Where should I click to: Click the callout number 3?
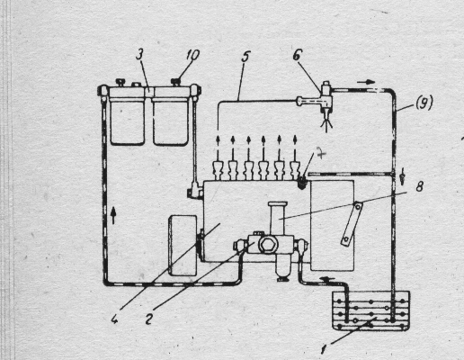pyautogui.click(x=140, y=56)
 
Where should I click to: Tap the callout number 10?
pyautogui.click(x=192, y=55)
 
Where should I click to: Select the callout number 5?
pyautogui.click(x=245, y=57)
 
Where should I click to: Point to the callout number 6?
pyautogui.click(x=298, y=55)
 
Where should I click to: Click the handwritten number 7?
pyautogui.click(x=321, y=155)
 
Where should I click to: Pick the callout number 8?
pyautogui.click(x=419, y=186)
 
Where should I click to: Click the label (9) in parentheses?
pyautogui.click(x=424, y=103)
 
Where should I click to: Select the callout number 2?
pyautogui.click(x=148, y=319)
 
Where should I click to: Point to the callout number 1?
pyautogui.click(x=324, y=349)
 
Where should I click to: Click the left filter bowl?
pyautogui.click(x=128, y=121)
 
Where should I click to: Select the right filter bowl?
pyautogui.click(x=171, y=121)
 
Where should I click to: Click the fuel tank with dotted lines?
pyautogui.click(x=370, y=310)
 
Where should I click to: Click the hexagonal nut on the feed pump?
pyautogui.click(x=266, y=245)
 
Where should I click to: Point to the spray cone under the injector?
pyautogui.click(x=326, y=124)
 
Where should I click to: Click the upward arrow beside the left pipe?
pyautogui.click(x=113, y=216)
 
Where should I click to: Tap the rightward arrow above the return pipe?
pyautogui.click(x=366, y=82)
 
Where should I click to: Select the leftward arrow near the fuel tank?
pyautogui.click(x=327, y=280)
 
